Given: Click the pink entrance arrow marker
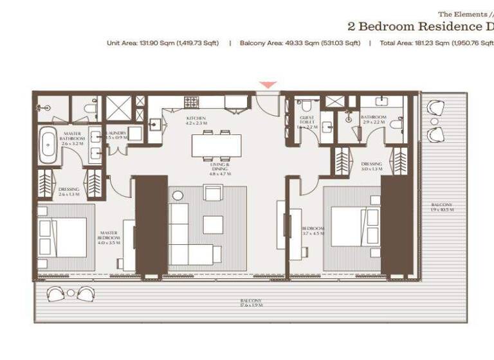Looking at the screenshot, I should (x=269, y=85).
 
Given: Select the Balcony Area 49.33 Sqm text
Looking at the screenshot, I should (x=300, y=43).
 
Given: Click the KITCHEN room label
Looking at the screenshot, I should (x=196, y=121).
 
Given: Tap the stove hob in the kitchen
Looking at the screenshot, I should (x=191, y=102).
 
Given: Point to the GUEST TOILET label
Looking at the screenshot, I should (x=307, y=123).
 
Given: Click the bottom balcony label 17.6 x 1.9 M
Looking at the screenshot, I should (x=251, y=303).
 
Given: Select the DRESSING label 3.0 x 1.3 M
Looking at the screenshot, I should (x=371, y=166).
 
